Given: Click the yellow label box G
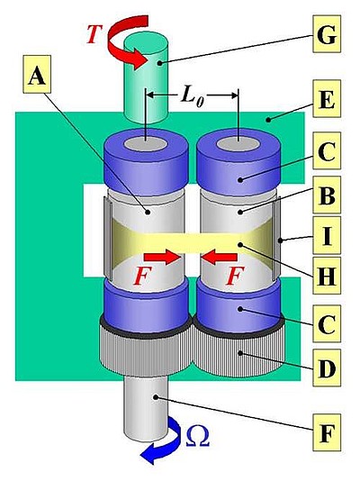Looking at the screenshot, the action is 327,34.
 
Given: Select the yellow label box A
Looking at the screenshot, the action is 37,74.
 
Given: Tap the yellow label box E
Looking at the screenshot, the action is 327,98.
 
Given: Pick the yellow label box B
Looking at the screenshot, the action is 327,195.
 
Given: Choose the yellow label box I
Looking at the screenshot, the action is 327,235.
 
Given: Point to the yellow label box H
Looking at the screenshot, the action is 327,276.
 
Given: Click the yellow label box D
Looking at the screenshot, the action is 327,368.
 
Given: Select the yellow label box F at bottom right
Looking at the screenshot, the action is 327,432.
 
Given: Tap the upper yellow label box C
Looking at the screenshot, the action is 327,150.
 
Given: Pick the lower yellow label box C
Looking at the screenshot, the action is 327,323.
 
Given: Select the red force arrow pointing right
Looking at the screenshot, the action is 161,257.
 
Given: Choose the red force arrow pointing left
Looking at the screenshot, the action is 220,257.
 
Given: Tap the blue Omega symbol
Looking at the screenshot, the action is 198,436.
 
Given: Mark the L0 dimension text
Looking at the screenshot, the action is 193,96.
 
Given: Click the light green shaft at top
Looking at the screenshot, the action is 146,77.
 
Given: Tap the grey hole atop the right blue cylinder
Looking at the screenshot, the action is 238,144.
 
